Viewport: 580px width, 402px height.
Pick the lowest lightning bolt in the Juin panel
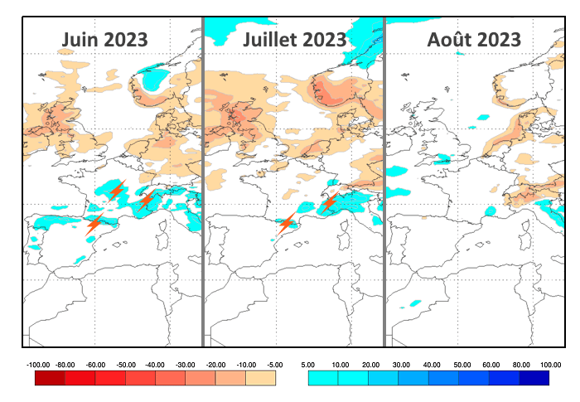click(x=94, y=222)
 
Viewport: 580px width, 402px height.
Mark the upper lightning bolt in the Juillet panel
click(x=329, y=201)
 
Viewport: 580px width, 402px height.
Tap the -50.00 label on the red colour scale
click(x=126, y=364)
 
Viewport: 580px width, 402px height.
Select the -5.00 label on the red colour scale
click(x=275, y=364)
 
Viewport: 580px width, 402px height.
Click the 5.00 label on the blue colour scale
click(x=307, y=364)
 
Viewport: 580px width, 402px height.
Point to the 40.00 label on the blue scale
click(x=430, y=364)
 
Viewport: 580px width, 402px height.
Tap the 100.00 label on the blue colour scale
click(x=550, y=364)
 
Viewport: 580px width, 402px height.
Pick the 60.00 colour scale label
click(x=491, y=364)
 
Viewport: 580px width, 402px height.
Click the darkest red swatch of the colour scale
click(x=50, y=378)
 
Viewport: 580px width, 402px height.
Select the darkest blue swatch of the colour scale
click(x=534, y=378)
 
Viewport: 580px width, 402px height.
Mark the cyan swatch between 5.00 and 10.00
click(x=323, y=378)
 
